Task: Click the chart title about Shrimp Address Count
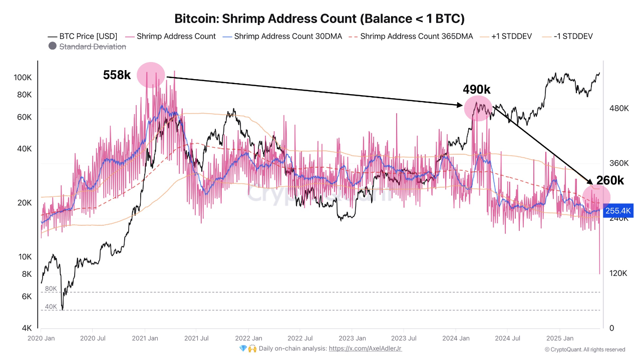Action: (x=319, y=19)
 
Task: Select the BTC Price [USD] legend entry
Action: (x=83, y=36)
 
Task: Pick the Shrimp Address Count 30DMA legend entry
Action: (x=283, y=36)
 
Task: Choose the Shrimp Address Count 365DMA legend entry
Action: (x=411, y=36)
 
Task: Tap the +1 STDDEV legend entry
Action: (x=506, y=36)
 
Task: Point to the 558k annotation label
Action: (x=117, y=75)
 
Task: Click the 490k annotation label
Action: (x=476, y=90)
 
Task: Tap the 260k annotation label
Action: (x=609, y=181)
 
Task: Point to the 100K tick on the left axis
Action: (x=23, y=78)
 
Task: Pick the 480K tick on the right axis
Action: (x=618, y=108)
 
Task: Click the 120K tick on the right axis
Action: (x=618, y=273)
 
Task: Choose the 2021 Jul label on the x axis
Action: (x=197, y=338)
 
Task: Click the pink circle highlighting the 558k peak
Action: (x=151, y=75)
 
